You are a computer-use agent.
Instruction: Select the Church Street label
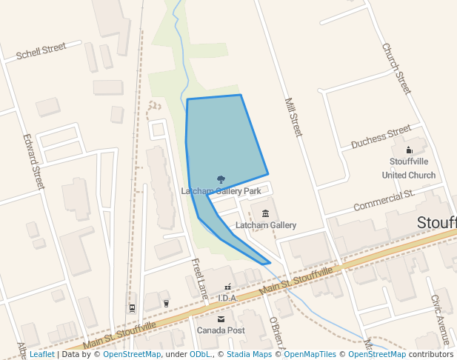[x=396, y=68]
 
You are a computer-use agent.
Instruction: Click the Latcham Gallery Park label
[x=221, y=191]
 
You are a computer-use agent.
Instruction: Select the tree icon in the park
[x=221, y=179]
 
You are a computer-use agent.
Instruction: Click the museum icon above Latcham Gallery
[x=265, y=214]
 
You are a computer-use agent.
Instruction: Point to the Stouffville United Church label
[x=409, y=168]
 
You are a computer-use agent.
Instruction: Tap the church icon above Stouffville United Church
[x=409, y=150]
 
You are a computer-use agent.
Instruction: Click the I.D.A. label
[x=227, y=298]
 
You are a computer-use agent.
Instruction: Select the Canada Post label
[x=220, y=330]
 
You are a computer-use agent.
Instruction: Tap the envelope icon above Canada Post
[x=220, y=319]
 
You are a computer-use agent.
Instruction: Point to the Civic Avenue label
[x=442, y=320]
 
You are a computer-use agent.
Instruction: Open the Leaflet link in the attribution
[x=41, y=355]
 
